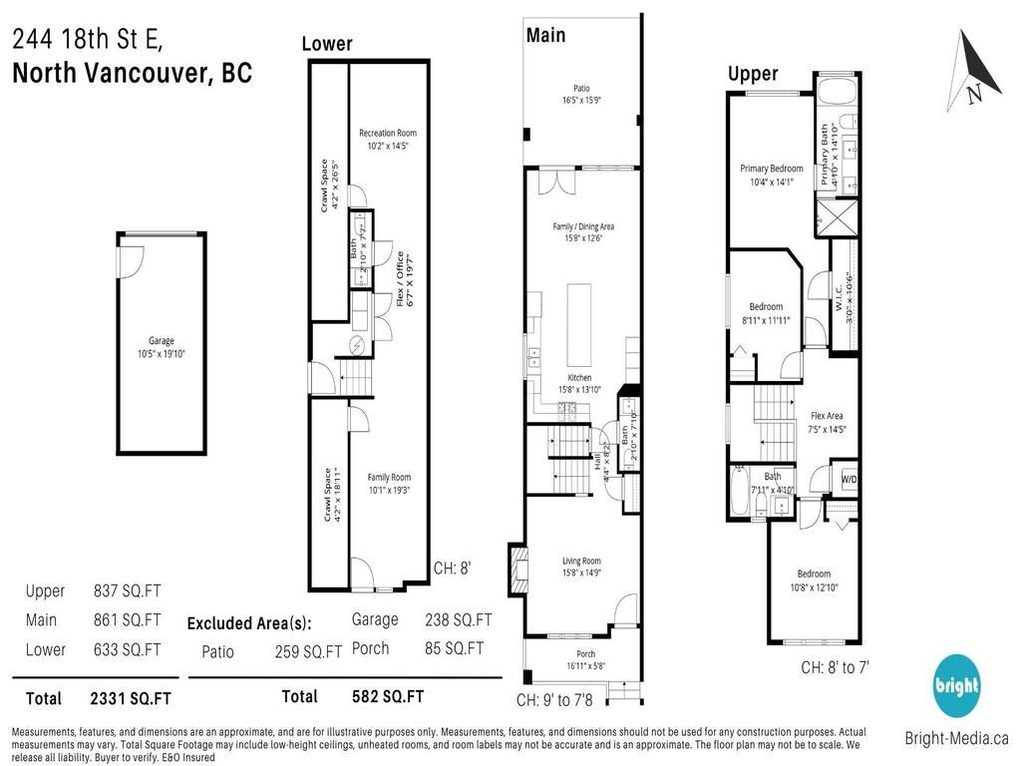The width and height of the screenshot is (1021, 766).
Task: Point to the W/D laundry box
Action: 849,479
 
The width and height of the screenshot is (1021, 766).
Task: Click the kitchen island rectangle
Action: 580,324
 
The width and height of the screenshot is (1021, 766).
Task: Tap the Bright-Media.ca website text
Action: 956,738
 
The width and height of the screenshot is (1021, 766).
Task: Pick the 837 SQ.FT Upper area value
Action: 127,590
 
